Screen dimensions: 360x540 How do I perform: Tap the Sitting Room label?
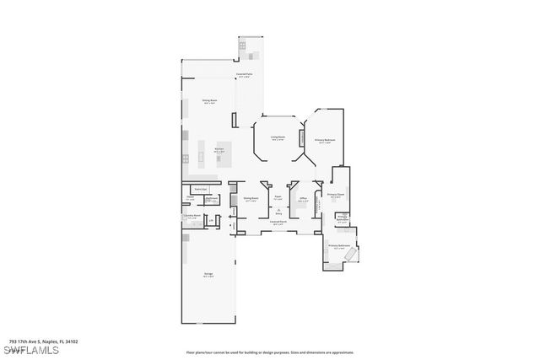pyautogui.click(x=208, y=99)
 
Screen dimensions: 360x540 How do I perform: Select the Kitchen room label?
pyautogui.click(x=219, y=150)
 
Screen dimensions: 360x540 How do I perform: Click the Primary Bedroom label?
pyautogui.click(x=325, y=141)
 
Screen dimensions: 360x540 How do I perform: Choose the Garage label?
pyautogui.click(x=208, y=274)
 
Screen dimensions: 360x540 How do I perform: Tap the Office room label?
pyautogui.click(x=304, y=199)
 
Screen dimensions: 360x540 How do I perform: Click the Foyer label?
pyautogui.click(x=278, y=198)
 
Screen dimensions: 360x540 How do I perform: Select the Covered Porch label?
pyautogui.click(x=278, y=223)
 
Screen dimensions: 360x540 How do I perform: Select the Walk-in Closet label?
pyautogui.click(x=201, y=189)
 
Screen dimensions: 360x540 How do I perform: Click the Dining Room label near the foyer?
pyautogui.click(x=251, y=199)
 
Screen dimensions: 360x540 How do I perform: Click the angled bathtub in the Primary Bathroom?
pyautogui.click(x=353, y=255)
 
